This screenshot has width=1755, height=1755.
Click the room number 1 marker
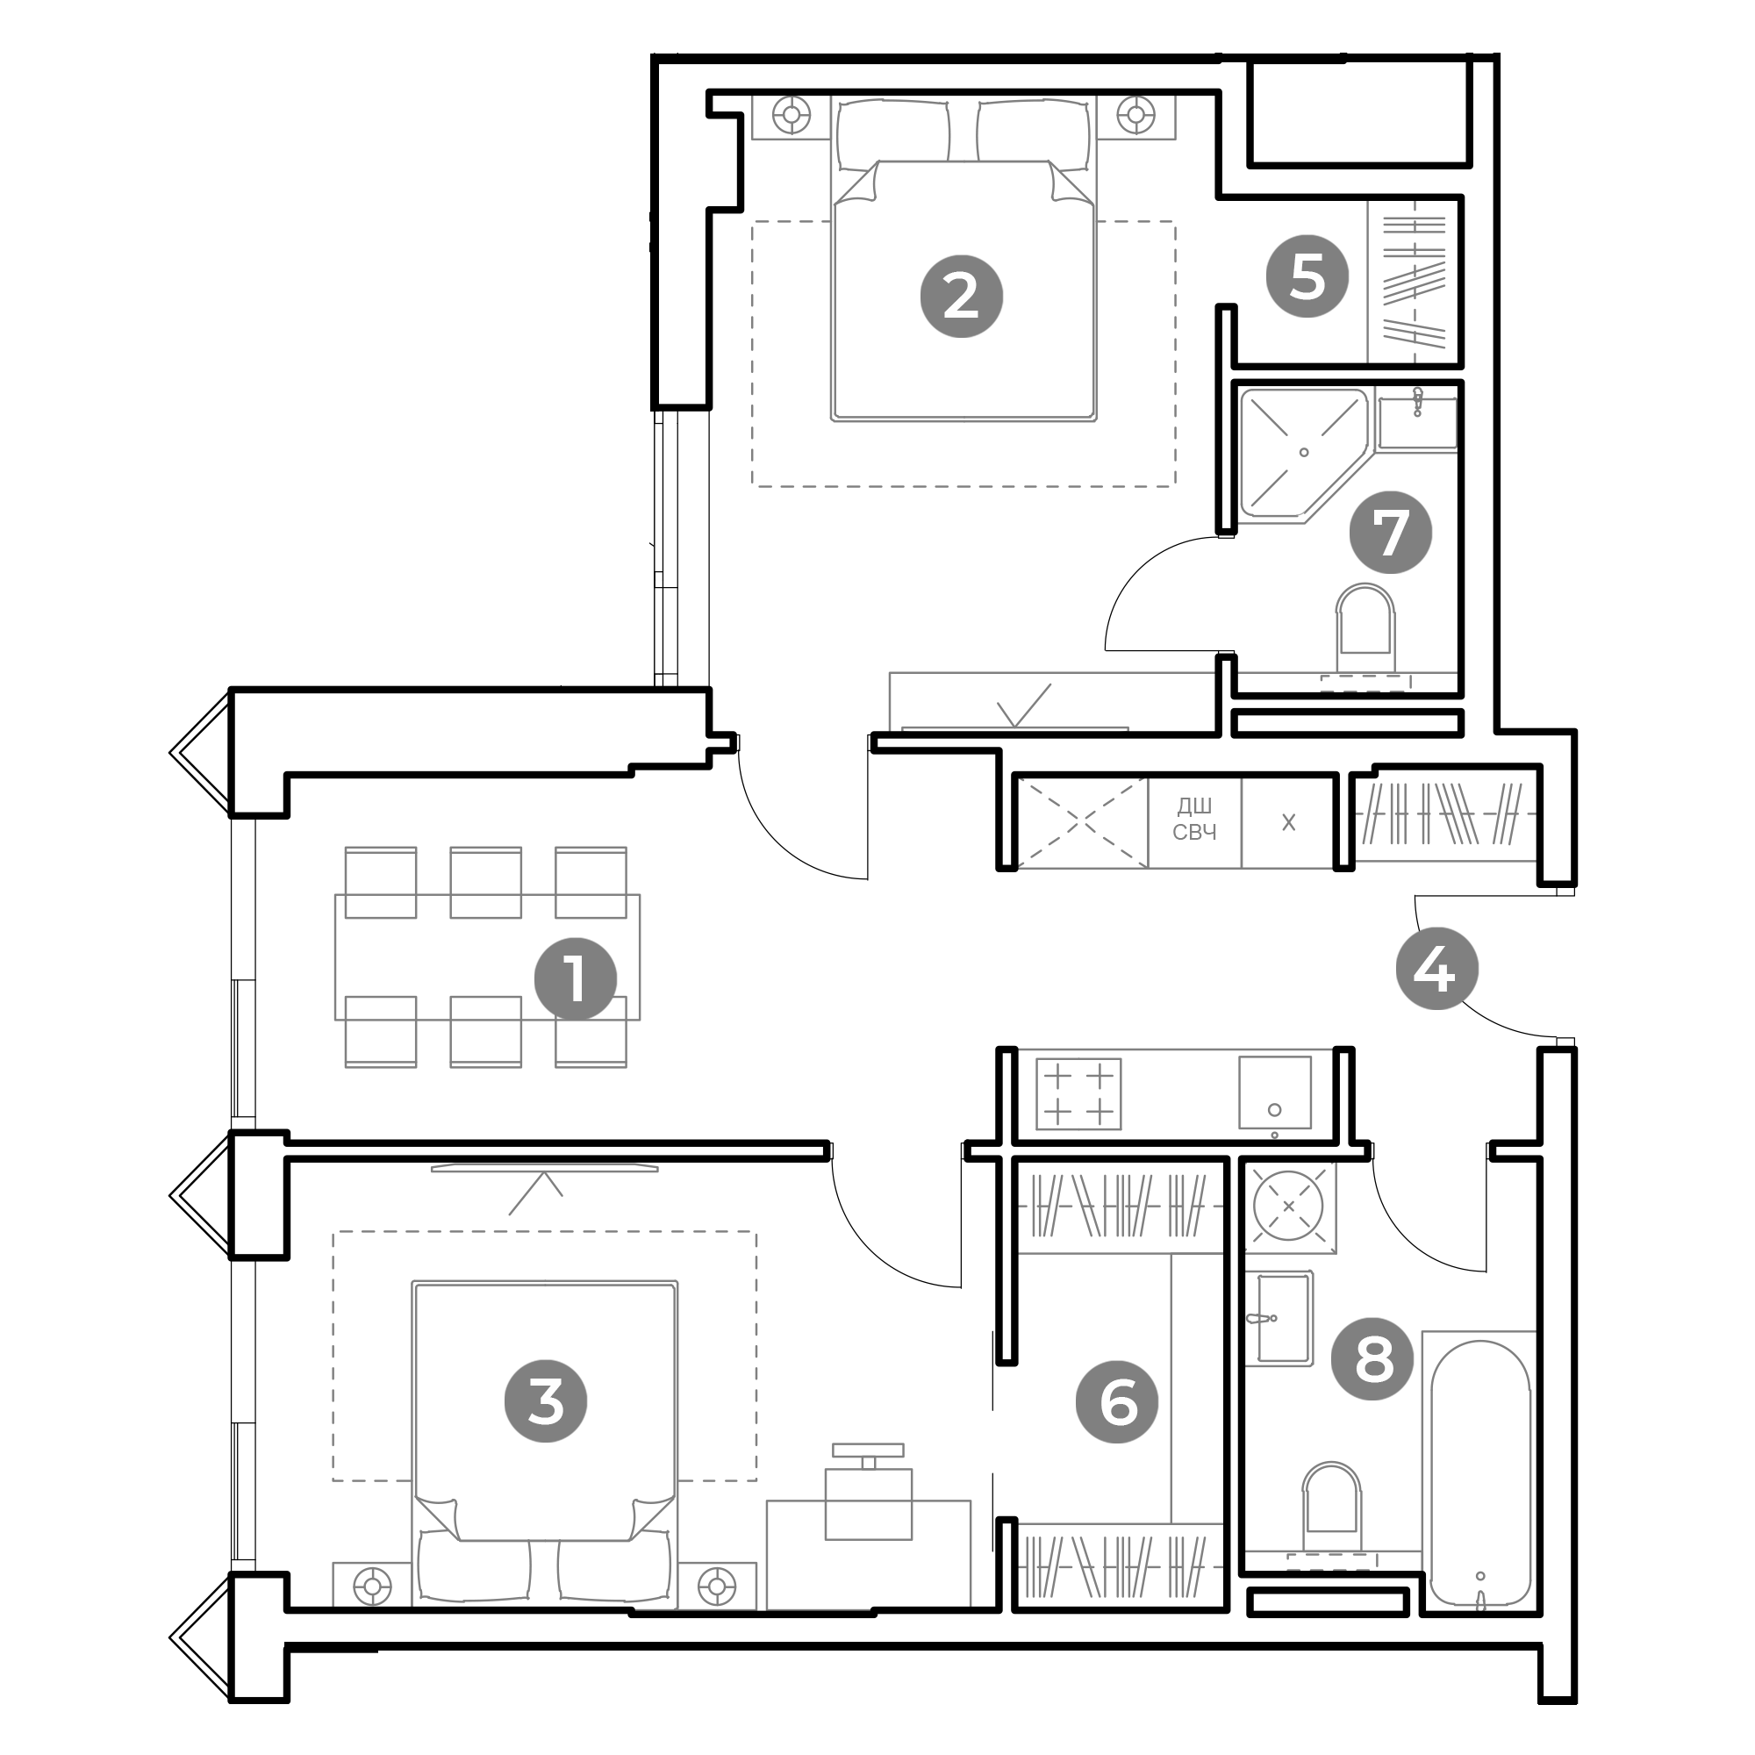(575, 978)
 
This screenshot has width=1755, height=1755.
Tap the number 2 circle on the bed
(961, 296)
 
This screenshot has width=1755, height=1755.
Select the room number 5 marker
(1307, 276)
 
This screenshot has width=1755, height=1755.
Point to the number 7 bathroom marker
(1390, 533)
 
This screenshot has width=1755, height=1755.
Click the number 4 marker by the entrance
(1436, 969)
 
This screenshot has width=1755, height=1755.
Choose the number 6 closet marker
(1116, 1401)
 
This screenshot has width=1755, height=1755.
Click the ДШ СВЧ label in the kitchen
(1193, 820)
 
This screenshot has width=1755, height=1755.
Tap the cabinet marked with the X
(1287, 822)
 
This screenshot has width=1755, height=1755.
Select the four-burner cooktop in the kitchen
(1078, 1093)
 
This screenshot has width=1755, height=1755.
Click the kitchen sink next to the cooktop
(1273, 1092)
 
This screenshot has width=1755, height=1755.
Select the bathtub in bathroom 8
(1479, 1472)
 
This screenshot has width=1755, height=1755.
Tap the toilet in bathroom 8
(1331, 1508)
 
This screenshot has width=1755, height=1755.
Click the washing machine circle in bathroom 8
(1288, 1207)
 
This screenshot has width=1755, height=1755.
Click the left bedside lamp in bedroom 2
(792, 115)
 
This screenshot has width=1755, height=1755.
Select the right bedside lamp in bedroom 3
(717, 1587)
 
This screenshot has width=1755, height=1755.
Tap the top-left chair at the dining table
(381, 881)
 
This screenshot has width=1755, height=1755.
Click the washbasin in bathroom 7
(1416, 422)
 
